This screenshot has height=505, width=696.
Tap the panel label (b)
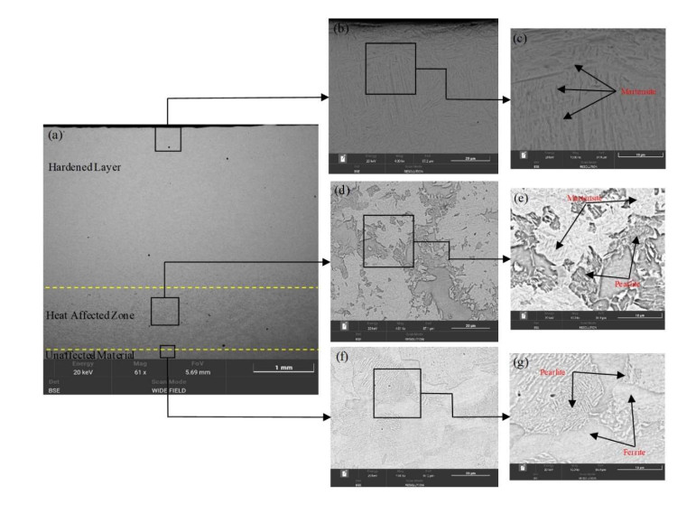[x=341, y=29]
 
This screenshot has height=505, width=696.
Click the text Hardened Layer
[x=84, y=167]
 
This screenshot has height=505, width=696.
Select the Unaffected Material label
[x=89, y=355]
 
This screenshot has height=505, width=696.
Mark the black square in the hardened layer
[x=167, y=139]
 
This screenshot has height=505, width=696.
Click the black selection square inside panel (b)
[x=390, y=68]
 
